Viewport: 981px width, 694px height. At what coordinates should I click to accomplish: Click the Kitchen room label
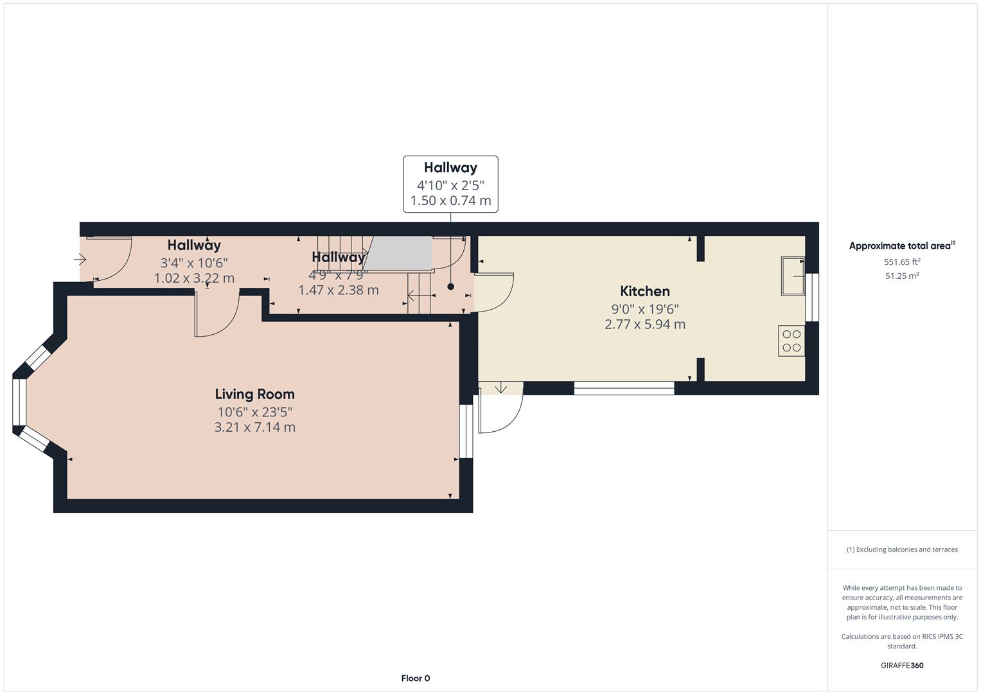pos(644,291)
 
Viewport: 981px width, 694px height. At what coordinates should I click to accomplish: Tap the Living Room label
pos(254,395)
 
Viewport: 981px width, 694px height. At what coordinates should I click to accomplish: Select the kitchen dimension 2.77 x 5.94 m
pos(644,325)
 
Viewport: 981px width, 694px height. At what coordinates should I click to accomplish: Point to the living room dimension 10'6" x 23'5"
pos(255,412)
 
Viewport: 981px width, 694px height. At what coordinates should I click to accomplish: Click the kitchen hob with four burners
pos(791,341)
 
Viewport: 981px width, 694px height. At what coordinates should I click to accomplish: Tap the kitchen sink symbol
pos(793,276)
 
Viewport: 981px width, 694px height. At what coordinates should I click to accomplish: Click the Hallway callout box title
pos(450,168)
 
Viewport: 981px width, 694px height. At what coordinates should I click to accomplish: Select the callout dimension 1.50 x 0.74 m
pos(450,200)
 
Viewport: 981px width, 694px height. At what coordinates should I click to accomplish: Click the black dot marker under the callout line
pos(450,287)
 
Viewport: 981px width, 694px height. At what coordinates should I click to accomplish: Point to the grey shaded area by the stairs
pos(398,253)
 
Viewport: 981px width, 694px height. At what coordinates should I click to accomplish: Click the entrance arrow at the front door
pos(80,260)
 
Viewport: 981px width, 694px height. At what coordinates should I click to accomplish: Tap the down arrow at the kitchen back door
pos(500,387)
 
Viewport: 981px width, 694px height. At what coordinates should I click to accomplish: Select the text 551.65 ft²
pos(902,262)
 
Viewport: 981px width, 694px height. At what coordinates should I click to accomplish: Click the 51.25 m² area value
pos(902,276)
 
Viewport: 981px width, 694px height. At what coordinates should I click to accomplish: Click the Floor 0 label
pos(416,678)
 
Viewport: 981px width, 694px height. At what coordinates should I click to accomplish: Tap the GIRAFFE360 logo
pos(902,665)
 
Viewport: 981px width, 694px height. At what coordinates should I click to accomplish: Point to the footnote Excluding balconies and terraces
pos(902,549)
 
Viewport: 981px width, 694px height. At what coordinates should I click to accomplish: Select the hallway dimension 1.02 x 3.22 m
pos(194,278)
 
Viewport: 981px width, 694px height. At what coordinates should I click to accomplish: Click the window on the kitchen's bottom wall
pos(624,388)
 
